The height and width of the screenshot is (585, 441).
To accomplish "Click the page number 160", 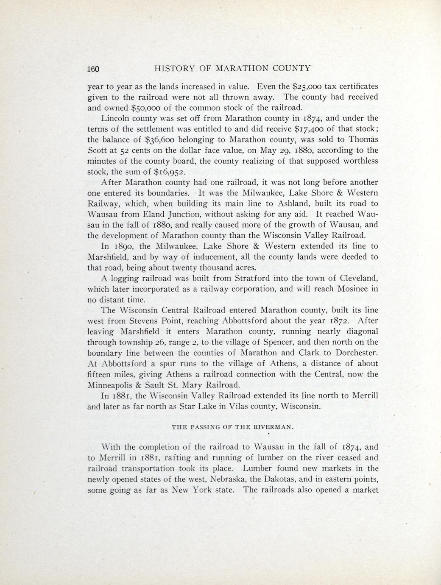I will tap(93, 69).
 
